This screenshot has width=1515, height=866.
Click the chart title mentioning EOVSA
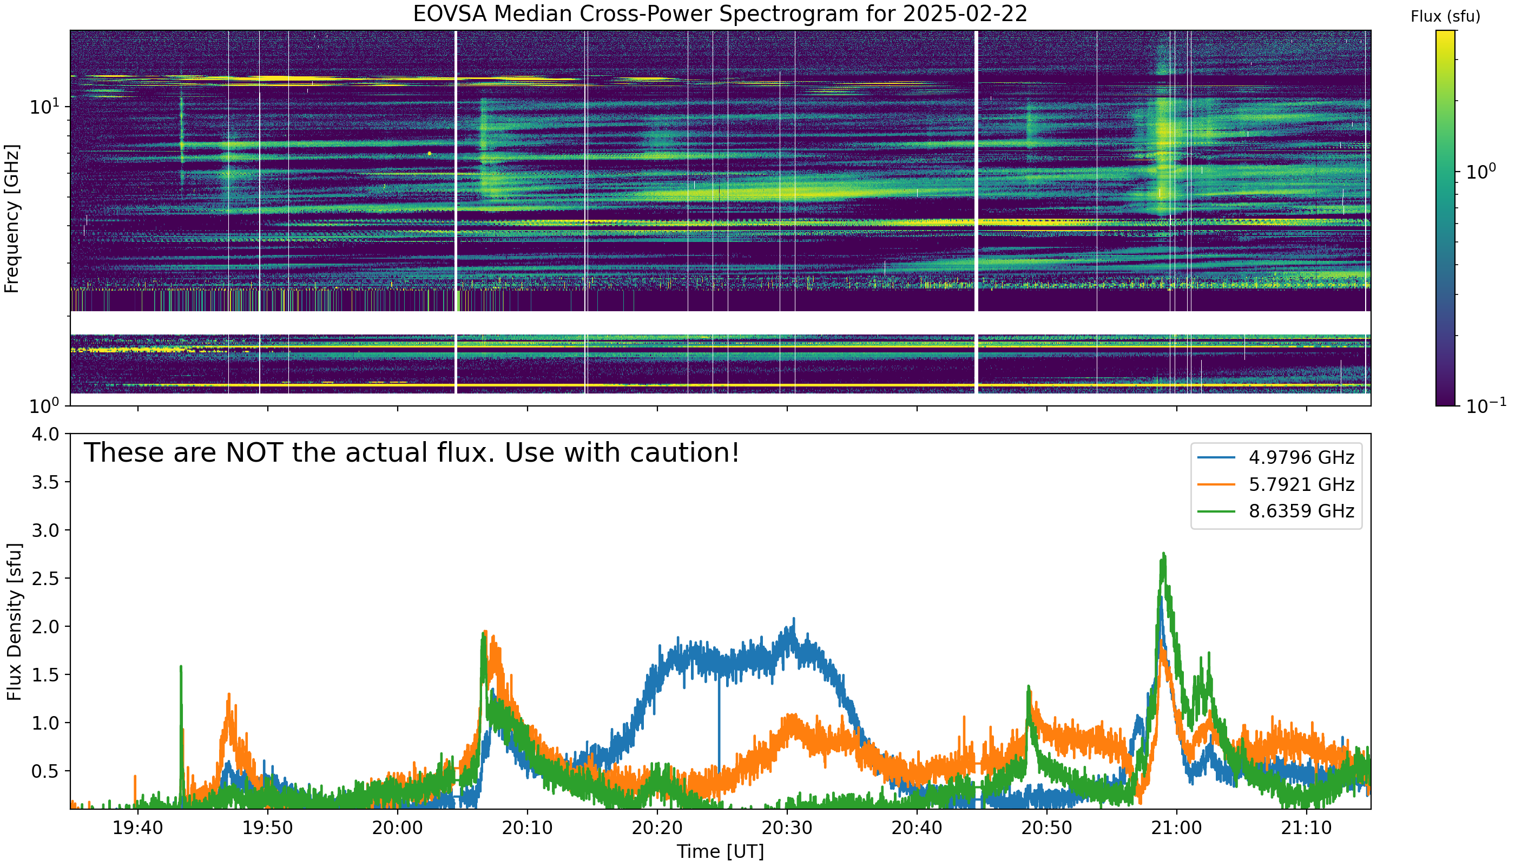(720, 14)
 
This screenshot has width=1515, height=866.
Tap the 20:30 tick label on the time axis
(787, 828)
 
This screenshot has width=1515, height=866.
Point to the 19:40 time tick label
(138, 828)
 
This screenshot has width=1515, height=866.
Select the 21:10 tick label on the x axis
(1306, 828)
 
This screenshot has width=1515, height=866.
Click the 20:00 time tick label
(398, 828)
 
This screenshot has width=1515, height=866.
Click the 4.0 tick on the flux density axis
(46, 434)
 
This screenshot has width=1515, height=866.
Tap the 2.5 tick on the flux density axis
(46, 579)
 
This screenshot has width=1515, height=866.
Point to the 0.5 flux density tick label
(46, 771)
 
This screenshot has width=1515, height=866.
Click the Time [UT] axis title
(720, 852)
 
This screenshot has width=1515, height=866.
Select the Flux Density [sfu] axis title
(14, 621)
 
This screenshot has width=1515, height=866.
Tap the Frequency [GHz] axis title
(11, 218)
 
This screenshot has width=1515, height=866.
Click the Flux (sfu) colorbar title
(1445, 17)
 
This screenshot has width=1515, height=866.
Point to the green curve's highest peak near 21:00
(1164, 554)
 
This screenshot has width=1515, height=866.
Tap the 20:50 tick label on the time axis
(1047, 828)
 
